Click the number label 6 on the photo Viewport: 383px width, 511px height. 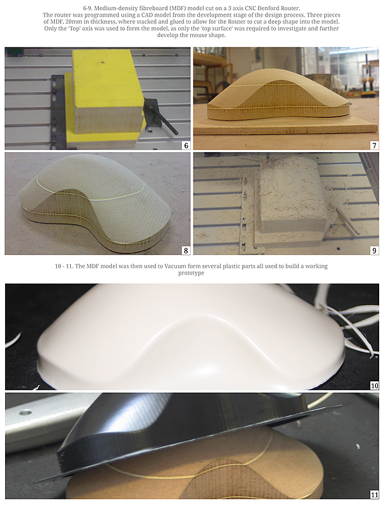pyautogui.click(x=186, y=146)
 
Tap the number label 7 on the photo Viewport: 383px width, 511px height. pyautogui.click(x=375, y=146)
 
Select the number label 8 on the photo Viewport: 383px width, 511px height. pyautogui.click(x=186, y=250)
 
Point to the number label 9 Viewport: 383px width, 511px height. pyautogui.click(x=375, y=250)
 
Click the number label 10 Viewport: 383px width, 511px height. pyautogui.click(x=375, y=386)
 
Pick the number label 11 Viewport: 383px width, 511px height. pyautogui.click(x=375, y=494)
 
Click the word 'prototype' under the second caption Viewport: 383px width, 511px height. pyautogui.click(x=191, y=273)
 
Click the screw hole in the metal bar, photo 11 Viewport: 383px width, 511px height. pyautogui.click(x=24, y=413)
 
